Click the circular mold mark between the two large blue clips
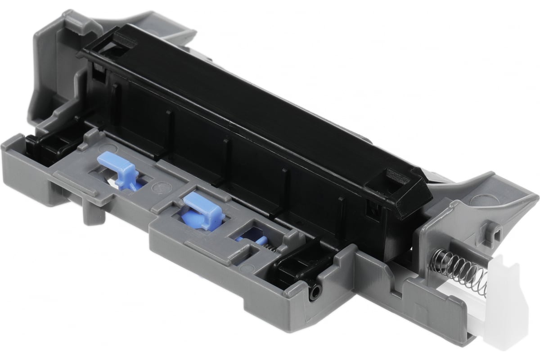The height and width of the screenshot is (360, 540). click(158, 186)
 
